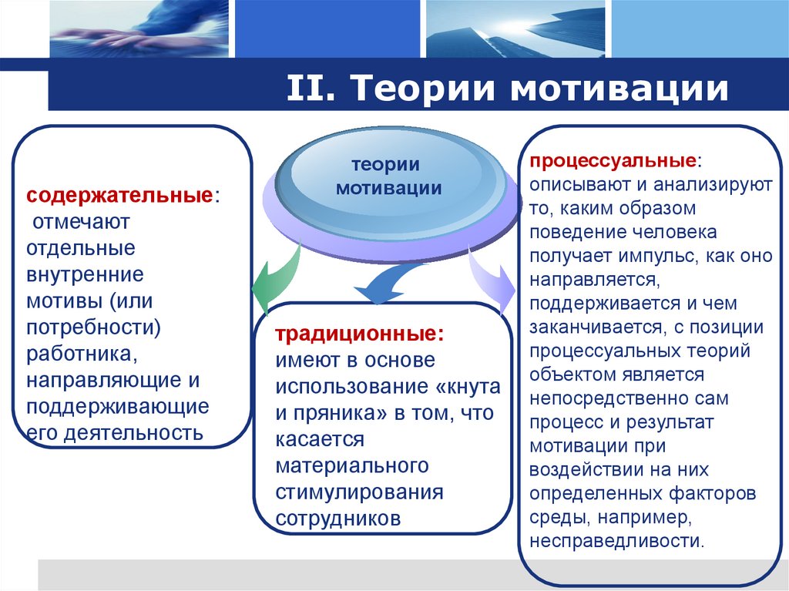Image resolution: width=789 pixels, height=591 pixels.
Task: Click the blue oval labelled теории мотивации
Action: coord(389,176)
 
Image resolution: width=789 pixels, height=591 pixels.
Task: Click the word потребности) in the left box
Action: coord(93,326)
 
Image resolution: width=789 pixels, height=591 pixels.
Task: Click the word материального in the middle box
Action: coord(352,465)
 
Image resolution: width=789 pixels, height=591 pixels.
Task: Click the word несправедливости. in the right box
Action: coord(616,539)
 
